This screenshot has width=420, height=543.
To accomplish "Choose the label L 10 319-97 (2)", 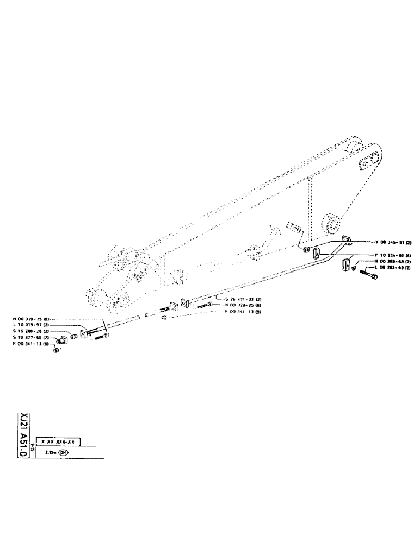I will pos(32,325).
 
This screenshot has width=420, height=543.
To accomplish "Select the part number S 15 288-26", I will pos(32,331).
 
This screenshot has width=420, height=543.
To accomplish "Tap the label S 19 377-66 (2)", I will pos(32,338).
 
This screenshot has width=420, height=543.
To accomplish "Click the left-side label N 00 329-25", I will pos(32,319).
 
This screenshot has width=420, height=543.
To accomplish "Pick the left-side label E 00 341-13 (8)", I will pos(32,344).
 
